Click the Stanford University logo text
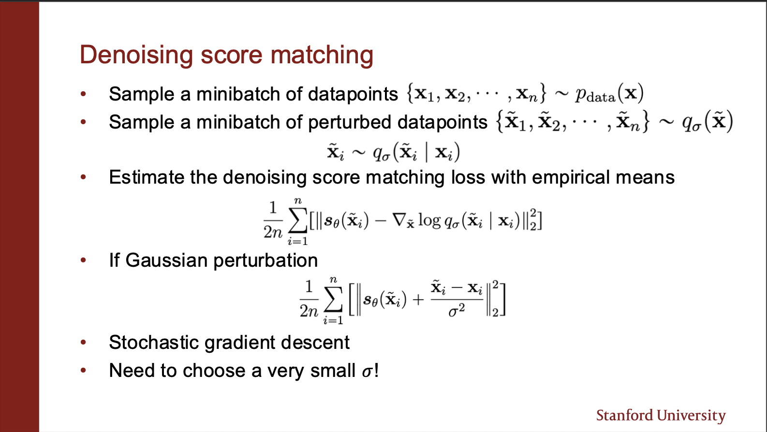click(661, 416)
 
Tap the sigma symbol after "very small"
click(367, 372)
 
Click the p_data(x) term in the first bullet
click(609, 93)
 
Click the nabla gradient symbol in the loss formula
click(399, 220)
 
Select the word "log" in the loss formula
click(429, 221)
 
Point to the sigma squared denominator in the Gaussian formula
click(457, 311)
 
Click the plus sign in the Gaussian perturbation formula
click(418, 300)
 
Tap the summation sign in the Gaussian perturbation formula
click(333, 300)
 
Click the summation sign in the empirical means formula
click(297, 221)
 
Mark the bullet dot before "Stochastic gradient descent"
click(83, 342)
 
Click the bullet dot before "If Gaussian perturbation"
click(83, 260)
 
